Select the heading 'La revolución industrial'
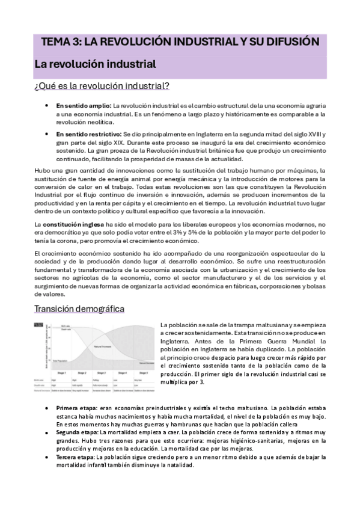coord(95,63)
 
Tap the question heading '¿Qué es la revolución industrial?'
coord(101,86)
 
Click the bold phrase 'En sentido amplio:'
coord(84,106)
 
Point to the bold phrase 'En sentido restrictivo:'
coord(89,134)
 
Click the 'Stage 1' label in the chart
coord(61,373)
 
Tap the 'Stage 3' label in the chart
coord(104,373)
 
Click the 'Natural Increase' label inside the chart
coord(102,347)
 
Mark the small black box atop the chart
coord(40,325)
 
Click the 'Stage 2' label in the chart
coord(83,373)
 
